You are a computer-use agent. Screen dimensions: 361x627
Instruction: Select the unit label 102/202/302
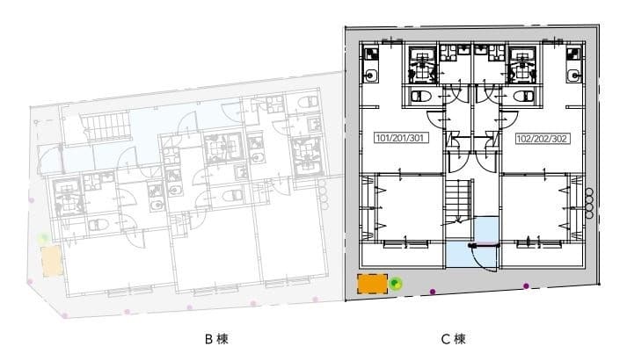click(x=539, y=139)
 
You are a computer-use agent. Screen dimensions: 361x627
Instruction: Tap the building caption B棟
click(x=216, y=338)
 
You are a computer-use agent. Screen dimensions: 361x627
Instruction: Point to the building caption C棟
click(x=453, y=338)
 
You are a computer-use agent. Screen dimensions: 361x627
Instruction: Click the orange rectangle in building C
click(x=373, y=284)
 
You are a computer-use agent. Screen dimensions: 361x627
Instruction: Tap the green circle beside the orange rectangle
click(x=396, y=284)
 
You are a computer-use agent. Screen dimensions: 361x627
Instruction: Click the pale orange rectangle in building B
click(x=51, y=261)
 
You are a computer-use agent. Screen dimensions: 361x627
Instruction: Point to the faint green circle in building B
click(x=45, y=237)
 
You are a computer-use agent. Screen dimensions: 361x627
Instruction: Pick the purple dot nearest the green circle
click(x=432, y=291)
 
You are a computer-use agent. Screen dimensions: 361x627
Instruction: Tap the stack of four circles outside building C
click(x=590, y=202)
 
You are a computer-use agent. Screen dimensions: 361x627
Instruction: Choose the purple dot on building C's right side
click(x=526, y=285)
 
